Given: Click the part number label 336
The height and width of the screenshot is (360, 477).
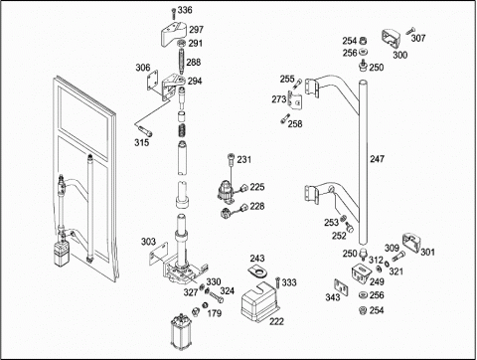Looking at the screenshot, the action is (x=185, y=10).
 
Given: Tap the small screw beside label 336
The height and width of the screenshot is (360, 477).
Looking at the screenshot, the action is (x=173, y=14).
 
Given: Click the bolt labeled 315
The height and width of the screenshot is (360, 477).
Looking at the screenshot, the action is (x=143, y=129).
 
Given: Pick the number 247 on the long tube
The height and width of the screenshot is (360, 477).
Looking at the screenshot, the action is (x=377, y=159).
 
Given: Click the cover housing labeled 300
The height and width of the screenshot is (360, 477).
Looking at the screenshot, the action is (x=392, y=40).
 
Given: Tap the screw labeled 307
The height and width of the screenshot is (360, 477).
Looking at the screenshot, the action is (x=410, y=31).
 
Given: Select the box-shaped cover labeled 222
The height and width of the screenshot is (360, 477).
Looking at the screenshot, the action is (x=260, y=302).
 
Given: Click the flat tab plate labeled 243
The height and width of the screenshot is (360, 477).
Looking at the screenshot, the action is (x=258, y=271).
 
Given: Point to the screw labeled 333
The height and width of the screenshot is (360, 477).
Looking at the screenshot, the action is (x=277, y=282).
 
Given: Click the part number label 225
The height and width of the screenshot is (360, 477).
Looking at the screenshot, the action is (x=257, y=187).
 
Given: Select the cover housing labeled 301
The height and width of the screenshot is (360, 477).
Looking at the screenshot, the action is (x=411, y=244).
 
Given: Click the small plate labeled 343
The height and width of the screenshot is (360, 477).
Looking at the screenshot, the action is (x=341, y=287).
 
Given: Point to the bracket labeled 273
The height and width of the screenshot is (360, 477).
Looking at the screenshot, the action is (x=295, y=99).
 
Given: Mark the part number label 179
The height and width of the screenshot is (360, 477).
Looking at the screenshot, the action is (x=215, y=313).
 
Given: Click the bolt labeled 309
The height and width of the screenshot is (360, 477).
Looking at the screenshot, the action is (x=398, y=257).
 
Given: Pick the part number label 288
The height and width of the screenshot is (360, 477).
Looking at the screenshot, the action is (x=194, y=62).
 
